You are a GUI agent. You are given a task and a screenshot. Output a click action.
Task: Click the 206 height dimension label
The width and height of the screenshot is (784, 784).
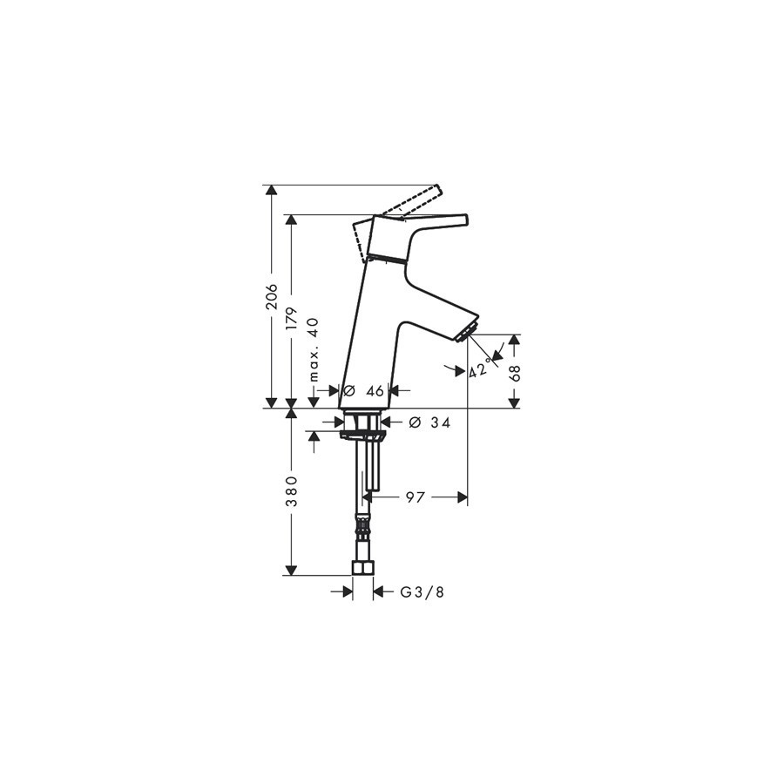pyautogui.click(x=272, y=296)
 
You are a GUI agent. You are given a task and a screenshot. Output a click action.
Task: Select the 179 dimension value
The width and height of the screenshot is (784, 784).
pyautogui.click(x=292, y=319)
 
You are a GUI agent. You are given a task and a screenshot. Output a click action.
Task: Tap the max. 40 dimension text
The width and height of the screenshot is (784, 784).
pyautogui.click(x=314, y=349)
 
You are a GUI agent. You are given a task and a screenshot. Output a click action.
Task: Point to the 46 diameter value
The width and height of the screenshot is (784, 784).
pyautogui.click(x=375, y=390)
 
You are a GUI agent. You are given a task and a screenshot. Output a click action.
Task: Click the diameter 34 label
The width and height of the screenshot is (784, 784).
pyautogui.click(x=429, y=423)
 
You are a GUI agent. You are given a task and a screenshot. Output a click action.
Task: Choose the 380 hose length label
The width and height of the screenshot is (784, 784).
pyautogui.click(x=292, y=491)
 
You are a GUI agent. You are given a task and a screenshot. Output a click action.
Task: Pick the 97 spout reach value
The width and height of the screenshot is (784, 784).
pyautogui.click(x=415, y=497)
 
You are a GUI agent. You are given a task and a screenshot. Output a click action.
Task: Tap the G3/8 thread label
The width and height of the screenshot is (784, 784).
pyautogui.click(x=422, y=592)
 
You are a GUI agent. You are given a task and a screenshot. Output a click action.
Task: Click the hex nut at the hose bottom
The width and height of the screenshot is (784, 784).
pyautogui.click(x=363, y=568)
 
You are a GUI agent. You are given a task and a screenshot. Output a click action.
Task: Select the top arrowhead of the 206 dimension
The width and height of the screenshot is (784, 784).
pyautogui.click(x=272, y=191)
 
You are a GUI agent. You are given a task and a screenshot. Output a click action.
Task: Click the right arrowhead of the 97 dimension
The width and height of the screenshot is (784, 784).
pyautogui.click(x=463, y=497)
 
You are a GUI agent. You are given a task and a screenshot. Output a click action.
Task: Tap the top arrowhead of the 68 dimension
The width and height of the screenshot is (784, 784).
pyautogui.click(x=514, y=340)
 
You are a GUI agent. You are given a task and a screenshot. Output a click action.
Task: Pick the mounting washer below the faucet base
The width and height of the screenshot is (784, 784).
pyautogui.click(x=362, y=435)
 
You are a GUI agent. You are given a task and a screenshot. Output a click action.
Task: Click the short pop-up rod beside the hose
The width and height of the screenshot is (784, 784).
pyautogui.click(x=373, y=464)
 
